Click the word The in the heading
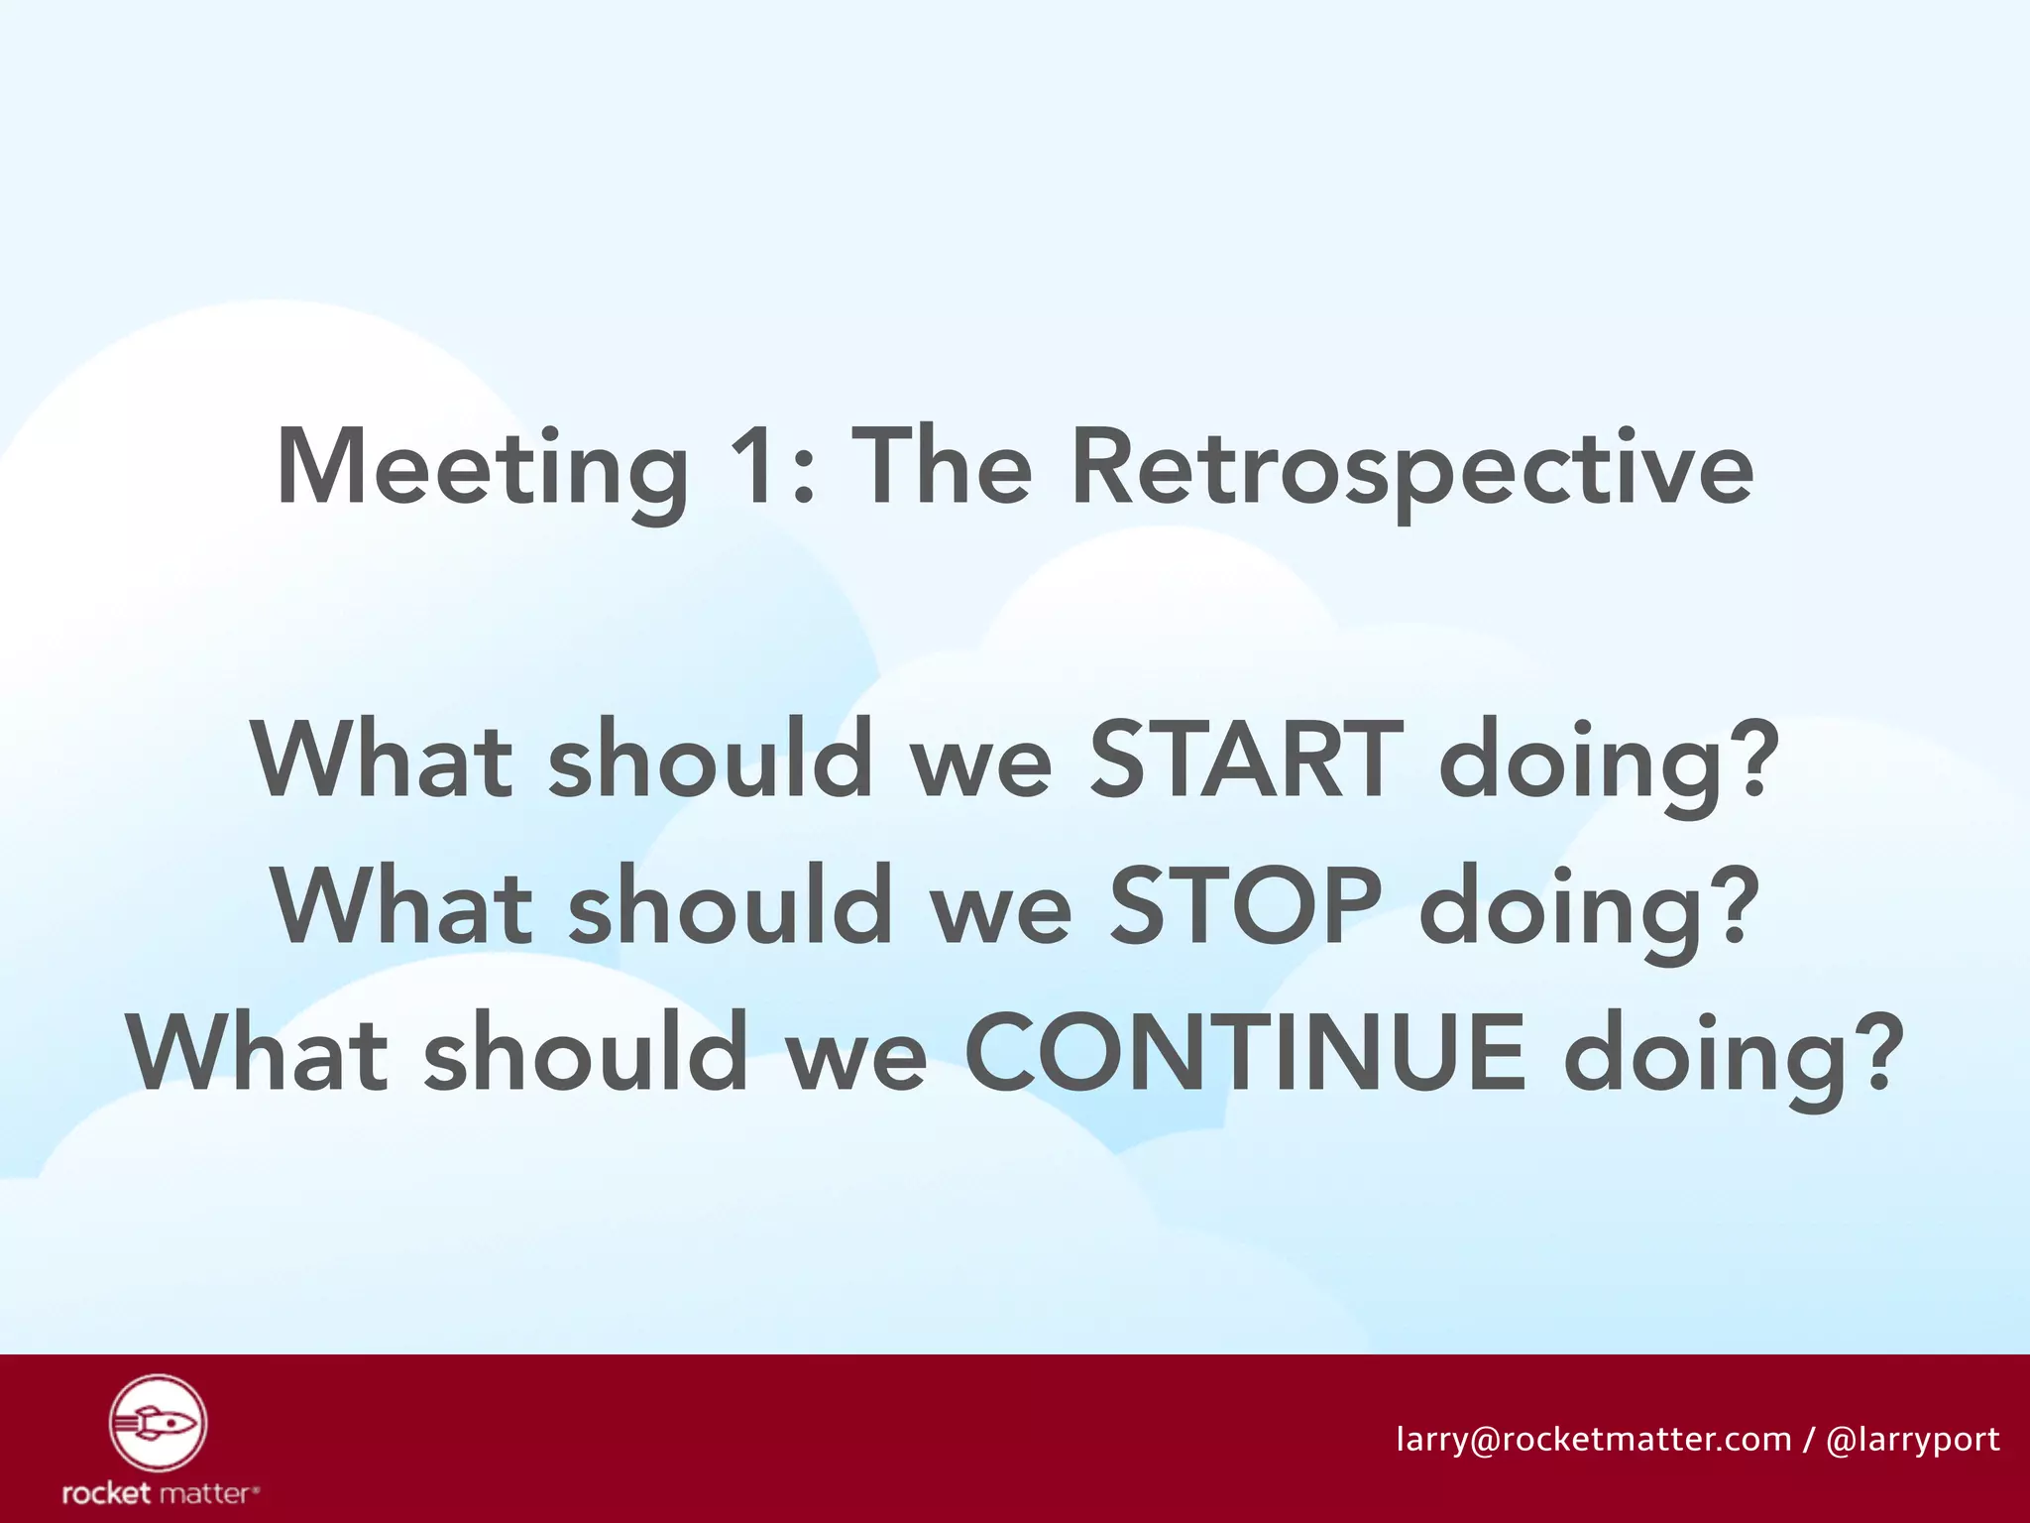tap(942, 466)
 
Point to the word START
tap(1246, 760)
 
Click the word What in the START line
tap(383, 760)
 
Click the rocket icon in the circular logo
tap(158, 1424)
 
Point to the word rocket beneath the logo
tap(106, 1493)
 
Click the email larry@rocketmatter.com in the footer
tap(1594, 1439)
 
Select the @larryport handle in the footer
tap(1912, 1440)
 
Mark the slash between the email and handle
tap(1809, 1439)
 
